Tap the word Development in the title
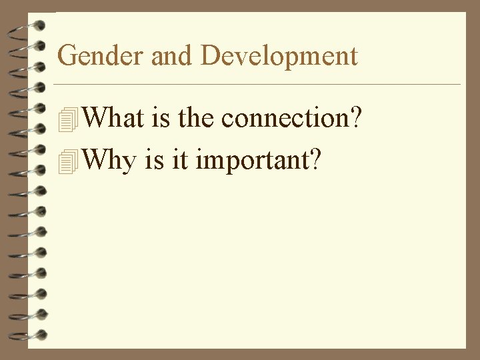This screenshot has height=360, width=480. pos(279,56)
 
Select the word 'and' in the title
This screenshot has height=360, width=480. pos(174,55)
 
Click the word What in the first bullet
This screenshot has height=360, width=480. pos(114,118)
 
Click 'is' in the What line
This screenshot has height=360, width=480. pos(161,118)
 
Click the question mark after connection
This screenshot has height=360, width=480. pos(356,118)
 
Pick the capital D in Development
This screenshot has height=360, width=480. pos(210,55)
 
